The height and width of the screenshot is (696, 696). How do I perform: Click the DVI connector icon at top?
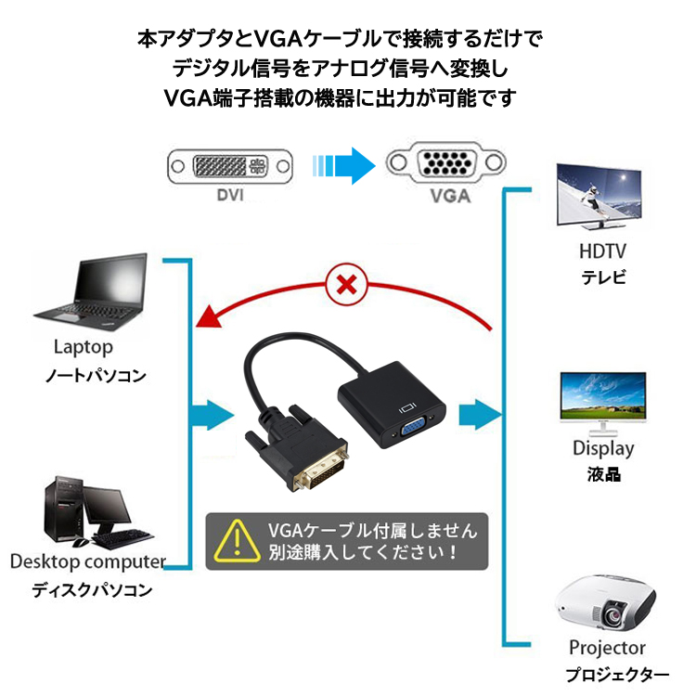228,168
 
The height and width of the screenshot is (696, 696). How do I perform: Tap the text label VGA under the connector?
450,197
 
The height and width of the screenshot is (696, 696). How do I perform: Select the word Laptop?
84,347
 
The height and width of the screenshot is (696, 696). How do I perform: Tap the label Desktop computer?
87,561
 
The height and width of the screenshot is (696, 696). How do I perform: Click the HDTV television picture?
599,197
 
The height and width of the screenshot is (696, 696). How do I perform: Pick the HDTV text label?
603,250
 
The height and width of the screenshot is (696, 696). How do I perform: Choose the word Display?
603,448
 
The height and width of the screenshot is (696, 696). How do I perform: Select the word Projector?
607,647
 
